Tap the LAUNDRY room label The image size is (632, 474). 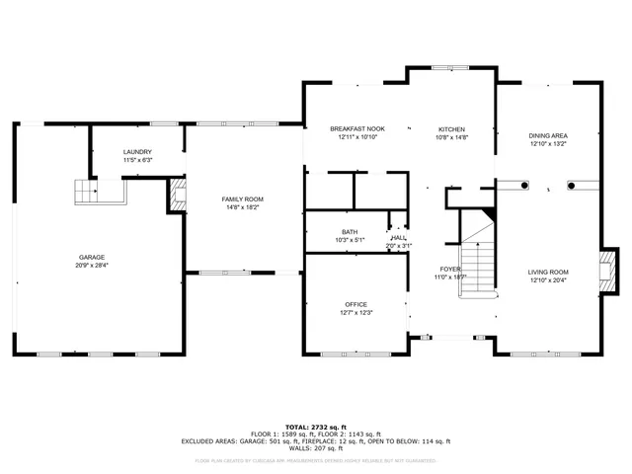(137, 151)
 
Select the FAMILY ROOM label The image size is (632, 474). (242, 199)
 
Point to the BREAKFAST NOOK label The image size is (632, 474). (357, 129)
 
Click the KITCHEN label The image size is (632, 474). (451, 129)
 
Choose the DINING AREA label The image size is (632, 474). (548, 135)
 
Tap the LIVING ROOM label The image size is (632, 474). (548, 272)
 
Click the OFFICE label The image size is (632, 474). (355, 304)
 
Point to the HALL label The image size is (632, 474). (399, 238)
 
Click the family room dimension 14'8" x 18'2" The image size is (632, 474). (242, 207)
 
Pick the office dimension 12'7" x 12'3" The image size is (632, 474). (355, 312)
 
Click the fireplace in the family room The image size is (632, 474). (178, 195)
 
